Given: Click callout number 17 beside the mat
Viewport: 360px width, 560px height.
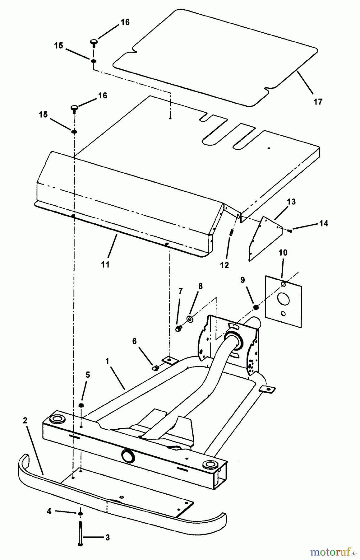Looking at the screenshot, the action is point(318,101).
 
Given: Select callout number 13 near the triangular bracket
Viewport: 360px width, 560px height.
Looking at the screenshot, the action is point(291,202).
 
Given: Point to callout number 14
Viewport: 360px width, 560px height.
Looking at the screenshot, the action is point(324,223).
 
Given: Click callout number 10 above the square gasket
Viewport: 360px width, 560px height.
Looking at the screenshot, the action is point(283,252).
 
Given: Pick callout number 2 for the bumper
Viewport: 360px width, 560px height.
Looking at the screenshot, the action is point(25,421).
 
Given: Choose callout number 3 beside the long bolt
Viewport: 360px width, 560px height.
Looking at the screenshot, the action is point(107,538).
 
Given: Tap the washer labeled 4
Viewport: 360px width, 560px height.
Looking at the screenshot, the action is point(80,513).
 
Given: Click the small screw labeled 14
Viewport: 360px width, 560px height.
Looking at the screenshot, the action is point(290,231).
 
